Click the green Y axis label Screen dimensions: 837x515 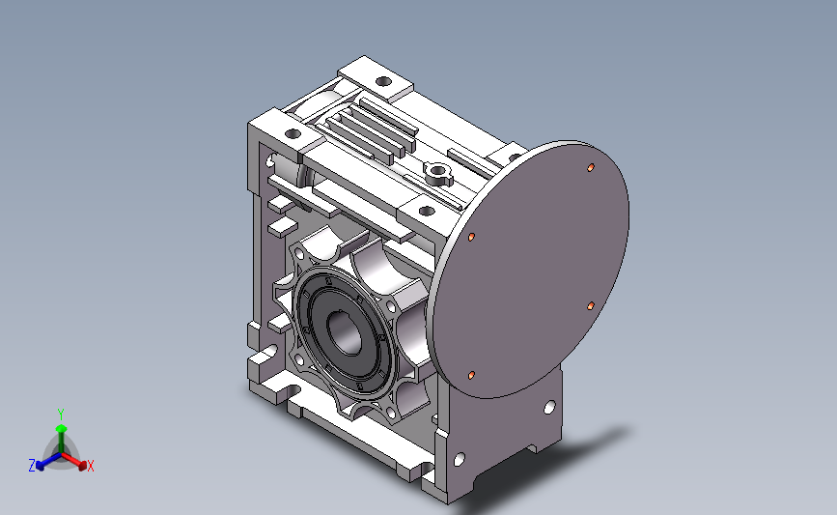tap(61, 415)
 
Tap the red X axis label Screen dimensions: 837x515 tap(90, 466)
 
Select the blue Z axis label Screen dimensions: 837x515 tap(32, 466)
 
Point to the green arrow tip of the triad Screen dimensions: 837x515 tap(62, 428)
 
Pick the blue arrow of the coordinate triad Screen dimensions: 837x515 tap(48, 461)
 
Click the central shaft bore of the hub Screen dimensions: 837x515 tap(345, 332)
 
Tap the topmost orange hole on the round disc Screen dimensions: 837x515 tap(591, 168)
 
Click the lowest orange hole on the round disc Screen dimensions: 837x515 tap(471, 376)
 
